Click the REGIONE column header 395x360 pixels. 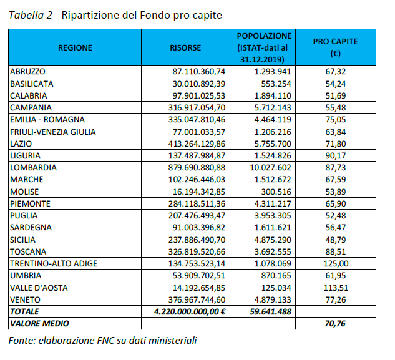pyautogui.click(x=75, y=47)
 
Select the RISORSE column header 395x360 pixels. pyautogui.click(x=185, y=47)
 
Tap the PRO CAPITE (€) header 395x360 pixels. pyautogui.click(x=335, y=47)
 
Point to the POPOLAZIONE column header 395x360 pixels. pyautogui.click(x=264, y=47)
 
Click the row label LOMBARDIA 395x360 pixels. pyautogui.click(x=33, y=168)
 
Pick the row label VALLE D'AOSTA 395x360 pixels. pyautogui.click(x=39, y=288)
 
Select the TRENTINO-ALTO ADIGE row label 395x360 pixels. pyautogui.click(x=54, y=263)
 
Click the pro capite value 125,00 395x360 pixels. pyautogui.click(x=336, y=263)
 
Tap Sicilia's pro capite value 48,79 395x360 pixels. pyautogui.click(x=336, y=240)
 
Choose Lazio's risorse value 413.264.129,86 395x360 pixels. pyautogui.click(x=197, y=144)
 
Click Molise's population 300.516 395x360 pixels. pyautogui.click(x=276, y=192)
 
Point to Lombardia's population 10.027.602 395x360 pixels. pyautogui.click(x=271, y=168)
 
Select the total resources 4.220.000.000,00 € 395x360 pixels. pyautogui.click(x=190, y=311)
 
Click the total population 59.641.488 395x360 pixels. pyautogui.click(x=271, y=311)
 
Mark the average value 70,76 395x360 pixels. pyautogui.click(x=335, y=323)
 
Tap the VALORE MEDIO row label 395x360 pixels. pyautogui.click(x=39, y=323)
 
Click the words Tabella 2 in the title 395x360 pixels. pyautogui.click(x=31, y=15)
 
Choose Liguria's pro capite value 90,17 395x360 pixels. pyautogui.click(x=336, y=156)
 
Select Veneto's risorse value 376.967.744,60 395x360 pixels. pyautogui.click(x=197, y=299)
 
